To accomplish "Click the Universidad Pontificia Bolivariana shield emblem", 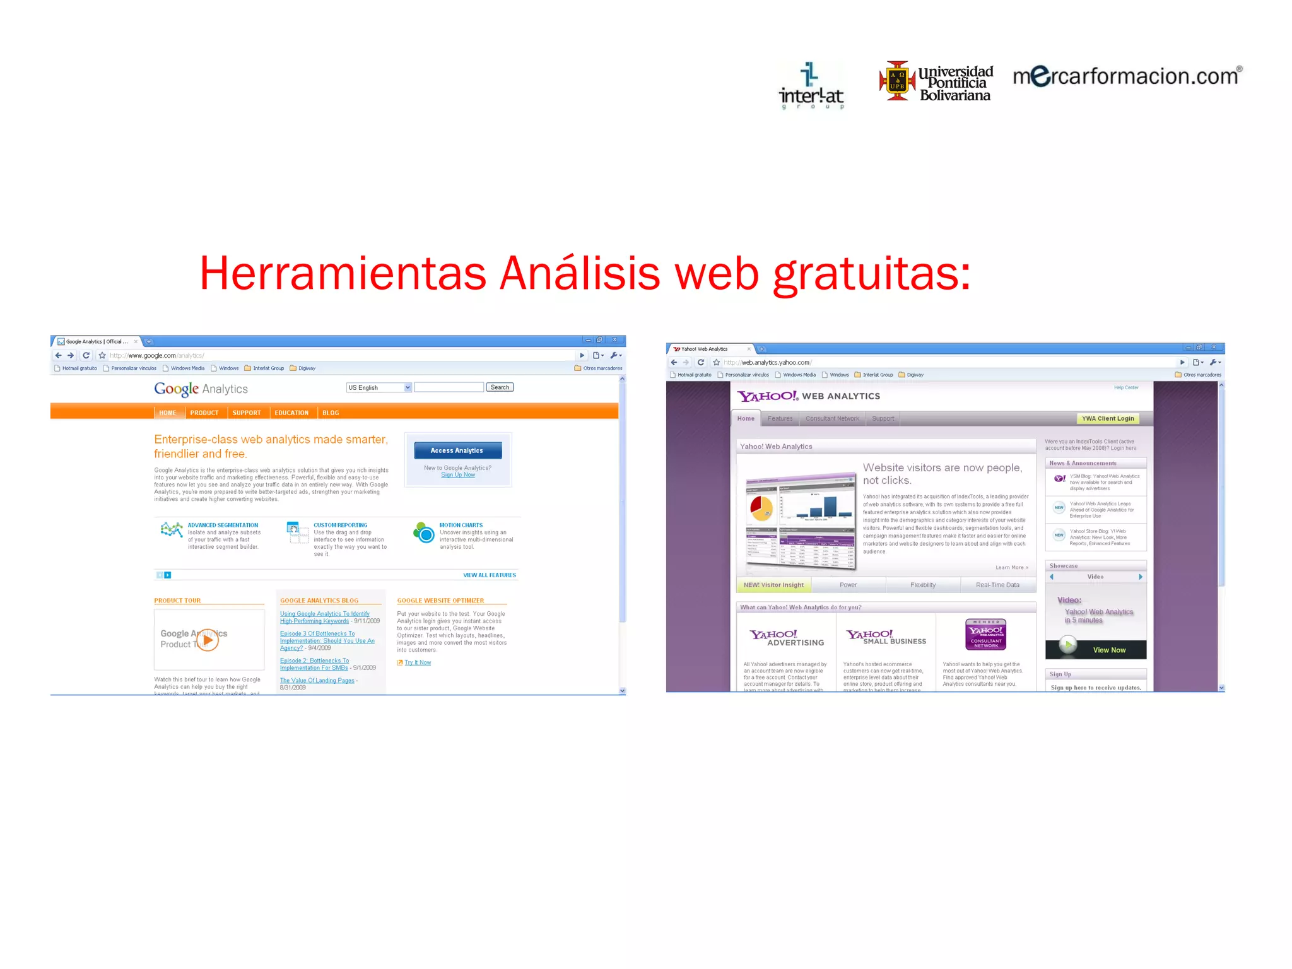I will pyautogui.click(x=896, y=80).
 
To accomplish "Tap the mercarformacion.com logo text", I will pyautogui.click(x=1127, y=76).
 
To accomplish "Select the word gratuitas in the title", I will pyautogui.click(x=871, y=274).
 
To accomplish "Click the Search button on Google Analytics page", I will pyautogui.click(x=500, y=387).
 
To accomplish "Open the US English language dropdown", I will pyautogui.click(x=379, y=387).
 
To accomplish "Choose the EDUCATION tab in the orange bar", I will pyautogui.click(x=291, y=413).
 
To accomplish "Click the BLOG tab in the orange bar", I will pyautogui.click(x=331, y=413).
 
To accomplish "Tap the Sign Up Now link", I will pyautogui.click(x=458, y=475).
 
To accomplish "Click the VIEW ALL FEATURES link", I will pyautogui.click(x=490, y=575).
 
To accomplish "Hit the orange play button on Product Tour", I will pyautogui.click(x=208, y=640).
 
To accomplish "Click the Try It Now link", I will pyautogui.click(x=418, y=662).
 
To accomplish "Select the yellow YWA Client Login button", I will pyautogui.click(x=1108, y=418).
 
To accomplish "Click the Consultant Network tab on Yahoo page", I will pyautogui.click(x=832, y=418).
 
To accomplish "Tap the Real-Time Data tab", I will pyautogui.click(x=997, y=585).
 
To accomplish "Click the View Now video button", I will pyautogui.click(x=1109, y=650).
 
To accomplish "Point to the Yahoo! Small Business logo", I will pyautogui.click(x=886, y=637).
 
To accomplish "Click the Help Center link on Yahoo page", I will pyautogui.click(x=1126, y=387).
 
